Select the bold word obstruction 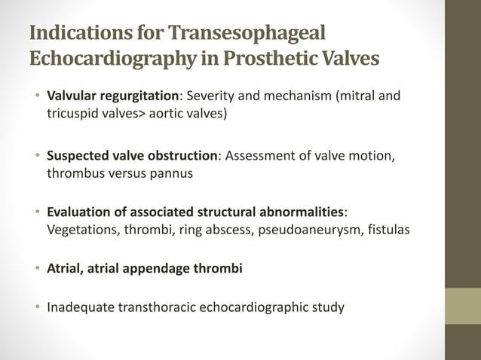click(179, 156)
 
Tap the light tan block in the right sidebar click(462, 306)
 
